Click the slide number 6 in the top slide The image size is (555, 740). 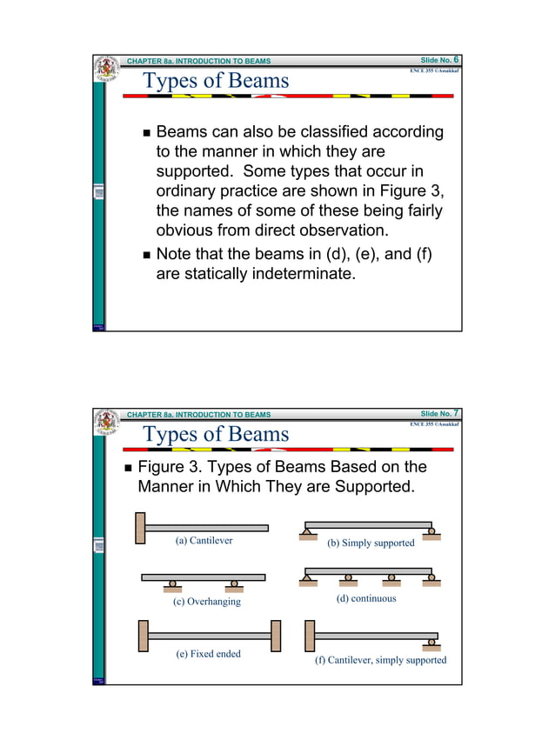coord(455,60)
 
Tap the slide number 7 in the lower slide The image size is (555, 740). coord(455,412)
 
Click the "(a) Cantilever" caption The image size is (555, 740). coord(204,540)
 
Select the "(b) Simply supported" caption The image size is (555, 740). coord(371,543)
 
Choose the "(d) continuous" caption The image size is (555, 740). coord(365,598)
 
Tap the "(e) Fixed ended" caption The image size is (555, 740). coord(208,653)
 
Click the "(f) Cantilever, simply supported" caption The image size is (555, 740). coord(380,660)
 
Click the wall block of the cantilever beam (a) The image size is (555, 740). coord(140,528)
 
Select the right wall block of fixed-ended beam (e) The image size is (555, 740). coord(276,636)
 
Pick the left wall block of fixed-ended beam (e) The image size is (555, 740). coord(143,636)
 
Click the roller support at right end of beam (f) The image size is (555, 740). coord(431,643)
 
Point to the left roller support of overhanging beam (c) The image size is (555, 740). coord(173,583)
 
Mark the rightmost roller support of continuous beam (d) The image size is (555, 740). coord(429,577)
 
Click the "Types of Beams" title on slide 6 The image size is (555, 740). coord(215,81)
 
